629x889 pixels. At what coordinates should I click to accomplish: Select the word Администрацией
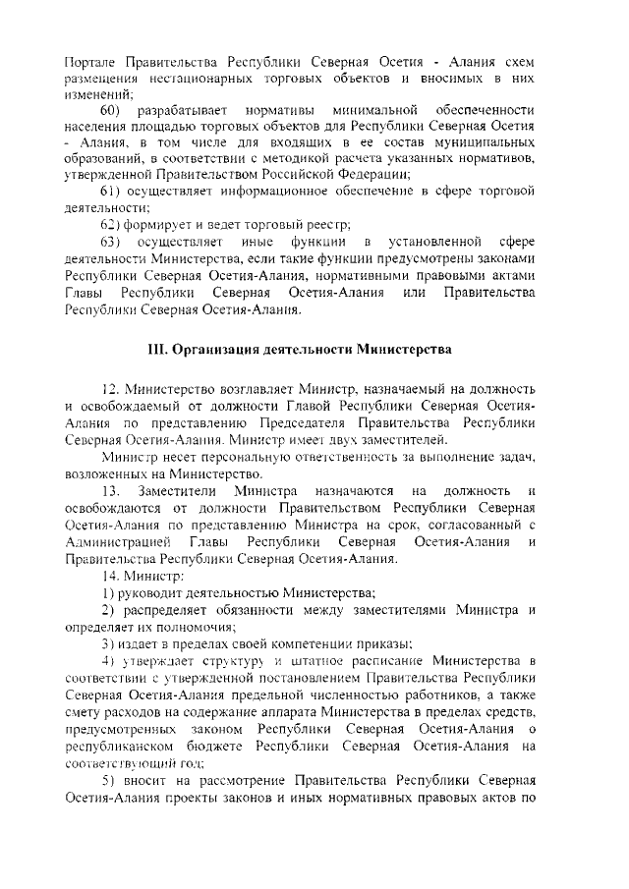tap(114, 542)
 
